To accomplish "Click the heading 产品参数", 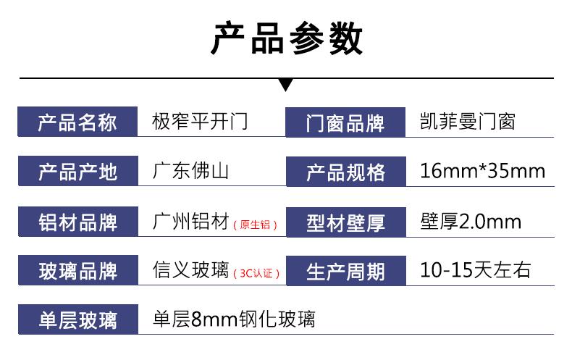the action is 287,38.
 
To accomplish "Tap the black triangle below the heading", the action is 286,85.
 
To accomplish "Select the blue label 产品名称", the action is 77,122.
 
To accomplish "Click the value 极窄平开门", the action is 200,122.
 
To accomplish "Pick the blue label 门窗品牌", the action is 345,122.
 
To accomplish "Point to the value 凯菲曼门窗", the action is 467,122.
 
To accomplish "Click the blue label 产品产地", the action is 77,171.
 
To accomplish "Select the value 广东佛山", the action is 190,171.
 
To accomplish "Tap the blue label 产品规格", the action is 346,172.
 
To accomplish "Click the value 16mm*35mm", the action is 483,171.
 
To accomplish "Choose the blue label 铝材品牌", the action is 77,222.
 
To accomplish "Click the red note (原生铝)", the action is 255,225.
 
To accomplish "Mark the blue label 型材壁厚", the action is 346,222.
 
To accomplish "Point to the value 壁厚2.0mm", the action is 471,221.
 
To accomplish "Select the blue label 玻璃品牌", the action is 77,271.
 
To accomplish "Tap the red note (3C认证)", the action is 256,274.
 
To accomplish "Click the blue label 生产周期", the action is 346,272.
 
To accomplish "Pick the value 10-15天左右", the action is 475,270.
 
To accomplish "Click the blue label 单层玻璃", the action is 78,319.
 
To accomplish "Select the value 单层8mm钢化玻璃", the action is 234,319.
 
